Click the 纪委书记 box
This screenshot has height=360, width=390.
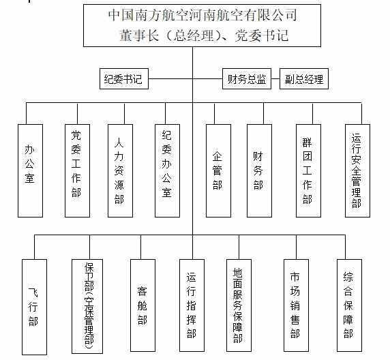tap(124, 79)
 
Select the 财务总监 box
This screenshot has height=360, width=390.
tap(247, 79)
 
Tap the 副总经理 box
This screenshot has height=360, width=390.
tap(304, 79)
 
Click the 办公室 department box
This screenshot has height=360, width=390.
tap(31, 170)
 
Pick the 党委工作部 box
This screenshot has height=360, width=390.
tap(77, 170)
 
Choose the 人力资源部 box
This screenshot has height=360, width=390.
tap(121, 170)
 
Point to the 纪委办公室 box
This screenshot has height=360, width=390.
tap(168, 170)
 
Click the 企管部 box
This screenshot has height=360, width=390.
tap(218, 170)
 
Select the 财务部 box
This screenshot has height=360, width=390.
tap(259, 170)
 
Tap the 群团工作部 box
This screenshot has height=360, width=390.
tap(308, 170)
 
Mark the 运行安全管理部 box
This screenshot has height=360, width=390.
tap(357, 170)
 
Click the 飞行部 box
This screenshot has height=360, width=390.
tap(34, 307)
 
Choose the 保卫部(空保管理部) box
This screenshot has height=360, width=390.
tap(87, 306)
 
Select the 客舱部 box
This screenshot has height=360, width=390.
tap(142, 305)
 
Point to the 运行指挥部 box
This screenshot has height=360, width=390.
tap(192, 305)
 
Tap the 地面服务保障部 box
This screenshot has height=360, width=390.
tap(239, 305)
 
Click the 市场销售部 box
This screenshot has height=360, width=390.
tap(296, 305)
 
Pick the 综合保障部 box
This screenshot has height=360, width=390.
tap(349, 305)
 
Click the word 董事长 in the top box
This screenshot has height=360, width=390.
tap(139, 35)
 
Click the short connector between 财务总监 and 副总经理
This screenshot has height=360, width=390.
tap(275, 79)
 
